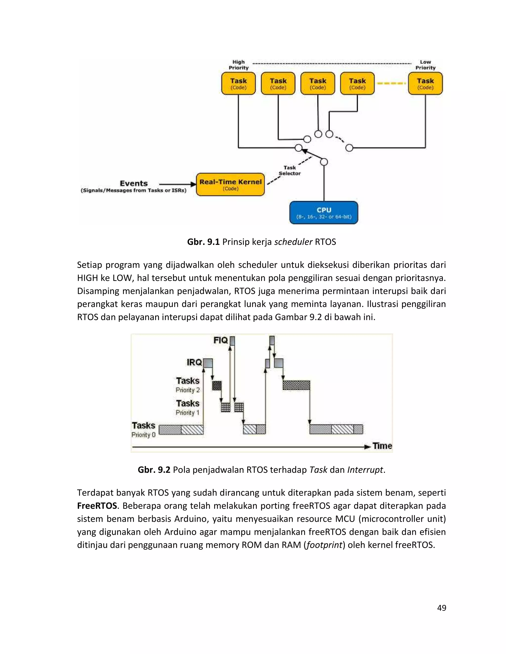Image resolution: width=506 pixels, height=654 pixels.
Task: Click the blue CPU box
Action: pyautogui.click(x=323, y=212)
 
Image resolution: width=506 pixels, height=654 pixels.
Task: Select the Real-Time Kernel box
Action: pyautogui.click(x=230, y=184)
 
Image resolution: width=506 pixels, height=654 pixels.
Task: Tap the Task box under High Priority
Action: pyautogui.click(x=238, y=84)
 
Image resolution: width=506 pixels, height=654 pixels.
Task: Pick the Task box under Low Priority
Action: pyautogui.click(x=425, y=84)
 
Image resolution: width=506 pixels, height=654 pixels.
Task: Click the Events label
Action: pyautogui.click(x=134, y=183)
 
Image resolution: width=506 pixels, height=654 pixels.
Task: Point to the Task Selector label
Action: pyautogui.click(x=290, y=170)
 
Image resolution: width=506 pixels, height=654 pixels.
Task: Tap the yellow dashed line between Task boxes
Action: pyautogui.click(x=391, y=83)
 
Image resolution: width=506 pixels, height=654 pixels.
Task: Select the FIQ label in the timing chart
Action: pyautogui.click(x=221, y=340)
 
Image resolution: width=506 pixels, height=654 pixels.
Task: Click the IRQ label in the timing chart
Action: pyautogui.click(x=194, y=362)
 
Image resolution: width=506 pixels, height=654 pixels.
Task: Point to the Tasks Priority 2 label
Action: pyautogui.click(x=188, y=385)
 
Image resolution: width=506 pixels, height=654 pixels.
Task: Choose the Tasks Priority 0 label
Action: pyautogui.click(x=143, y=430)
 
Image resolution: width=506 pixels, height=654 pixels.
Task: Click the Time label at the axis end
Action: pyautogui.click(x=382, y=446)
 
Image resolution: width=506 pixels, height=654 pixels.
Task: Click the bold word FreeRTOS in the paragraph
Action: pyautogui.click(x=97, y=506)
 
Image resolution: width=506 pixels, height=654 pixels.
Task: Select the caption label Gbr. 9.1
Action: pyautogui.click(x=203, y=242)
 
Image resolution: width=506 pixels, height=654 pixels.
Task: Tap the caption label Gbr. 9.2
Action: pyautogui.click(x=154, y=470)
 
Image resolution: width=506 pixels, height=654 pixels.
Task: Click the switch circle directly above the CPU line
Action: pyautogui.click(x=324, y=162)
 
